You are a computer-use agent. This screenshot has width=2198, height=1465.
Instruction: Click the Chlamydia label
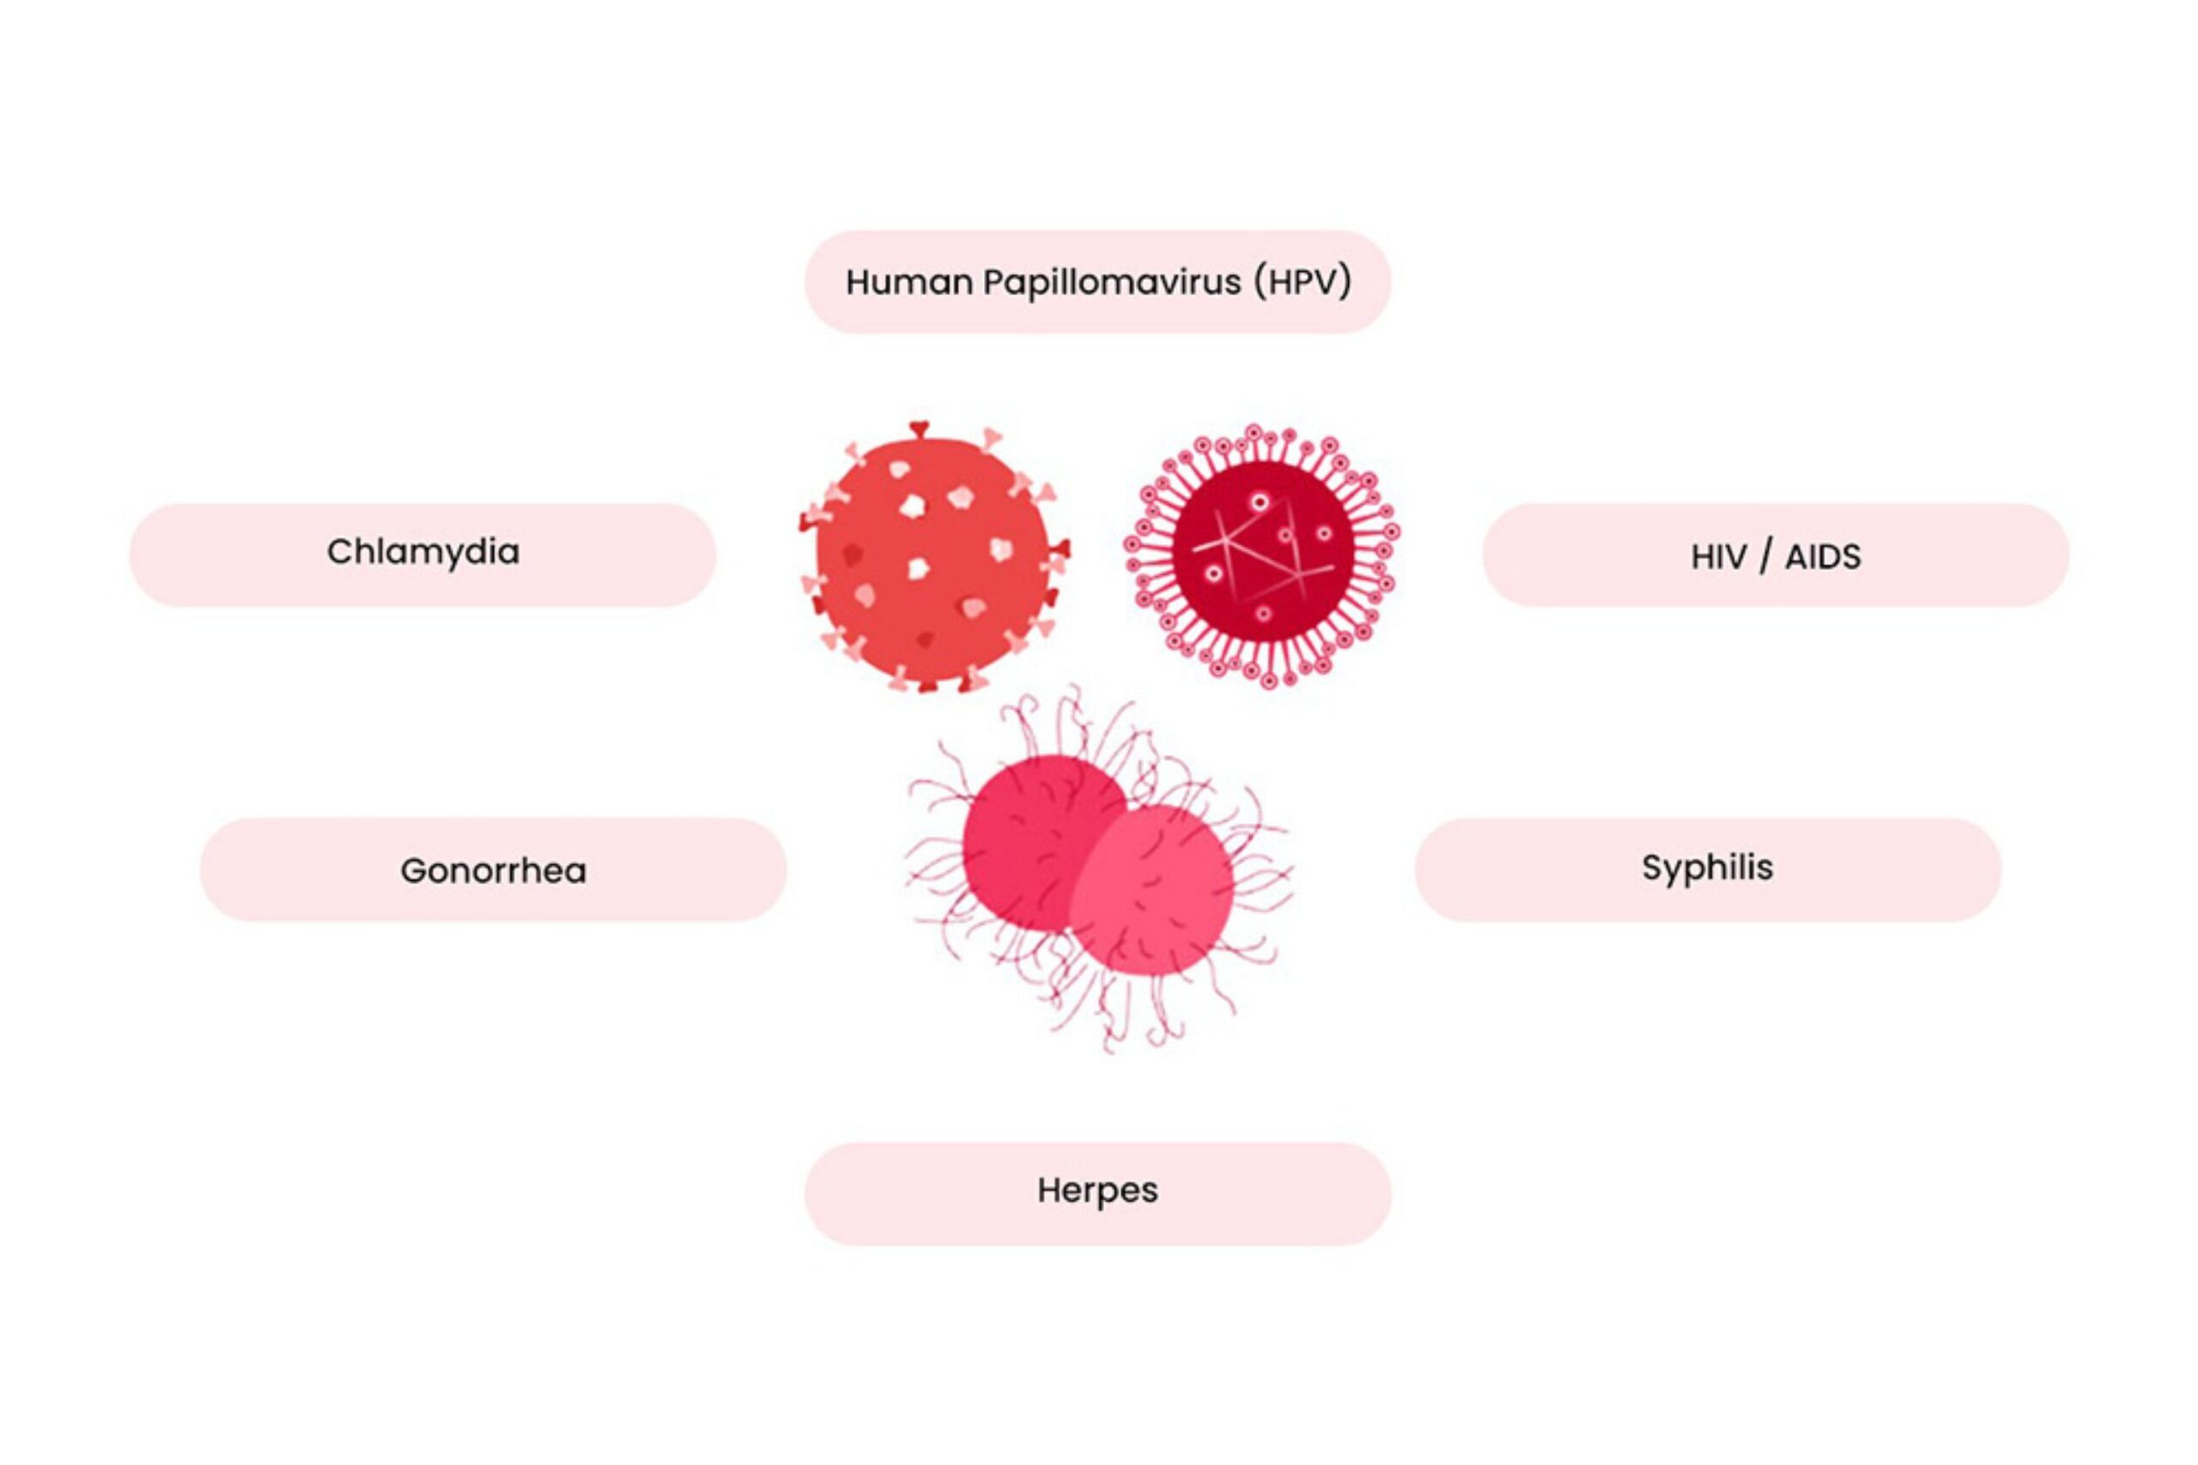[422, 553]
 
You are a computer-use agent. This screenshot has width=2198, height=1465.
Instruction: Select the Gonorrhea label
[494, 871]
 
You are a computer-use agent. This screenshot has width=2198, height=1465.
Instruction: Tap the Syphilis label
[1708, 869]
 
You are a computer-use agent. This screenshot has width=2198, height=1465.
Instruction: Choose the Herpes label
[1097, 1191]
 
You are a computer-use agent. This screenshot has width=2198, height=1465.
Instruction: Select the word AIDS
[1822, 558]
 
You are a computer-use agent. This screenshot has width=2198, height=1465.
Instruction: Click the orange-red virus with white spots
[932, 558]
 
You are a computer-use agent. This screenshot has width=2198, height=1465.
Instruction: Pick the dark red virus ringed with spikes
[1262, 556]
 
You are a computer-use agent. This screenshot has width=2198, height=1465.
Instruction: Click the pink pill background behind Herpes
[1098, 1193]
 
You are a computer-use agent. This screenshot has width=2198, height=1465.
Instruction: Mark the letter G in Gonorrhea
[414, 871]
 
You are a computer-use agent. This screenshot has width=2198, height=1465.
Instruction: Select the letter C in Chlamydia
[340, 551]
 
